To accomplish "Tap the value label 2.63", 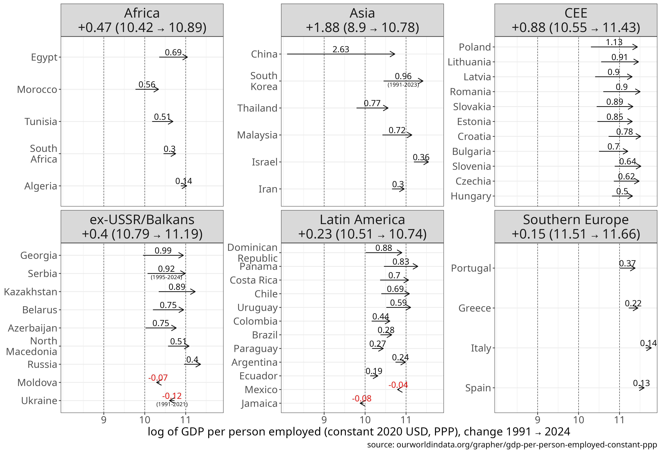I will tap(341, 49).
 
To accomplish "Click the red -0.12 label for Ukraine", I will tap(172, 396).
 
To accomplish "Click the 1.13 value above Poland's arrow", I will tap(614, 42).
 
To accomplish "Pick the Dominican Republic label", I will tap(253, 253).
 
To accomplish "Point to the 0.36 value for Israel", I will tap(421, 157).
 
